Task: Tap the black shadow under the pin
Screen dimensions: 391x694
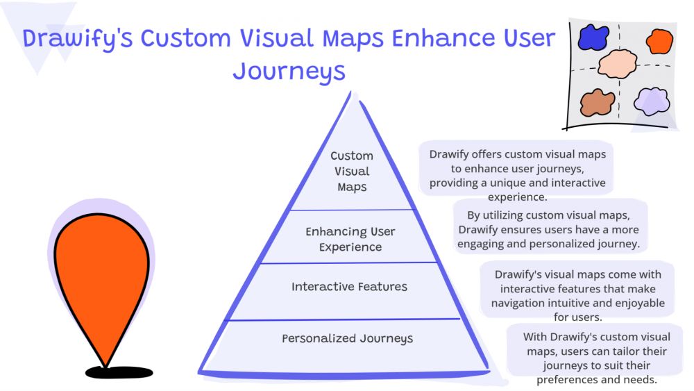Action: tap(119, 372)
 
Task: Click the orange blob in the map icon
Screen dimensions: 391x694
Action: tap(657, 41)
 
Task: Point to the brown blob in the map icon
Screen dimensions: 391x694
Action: tap(598, 103)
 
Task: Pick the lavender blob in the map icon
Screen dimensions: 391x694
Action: tap(652, 100)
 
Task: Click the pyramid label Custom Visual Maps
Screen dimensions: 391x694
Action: tap(352, 172)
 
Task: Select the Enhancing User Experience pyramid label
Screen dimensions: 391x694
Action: tap(350, 239)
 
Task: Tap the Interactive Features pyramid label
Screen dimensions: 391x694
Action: tap(349, 287)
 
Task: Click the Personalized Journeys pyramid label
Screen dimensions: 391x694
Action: tap(347, 339)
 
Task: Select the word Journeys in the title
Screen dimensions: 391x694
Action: tap(289, 72)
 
